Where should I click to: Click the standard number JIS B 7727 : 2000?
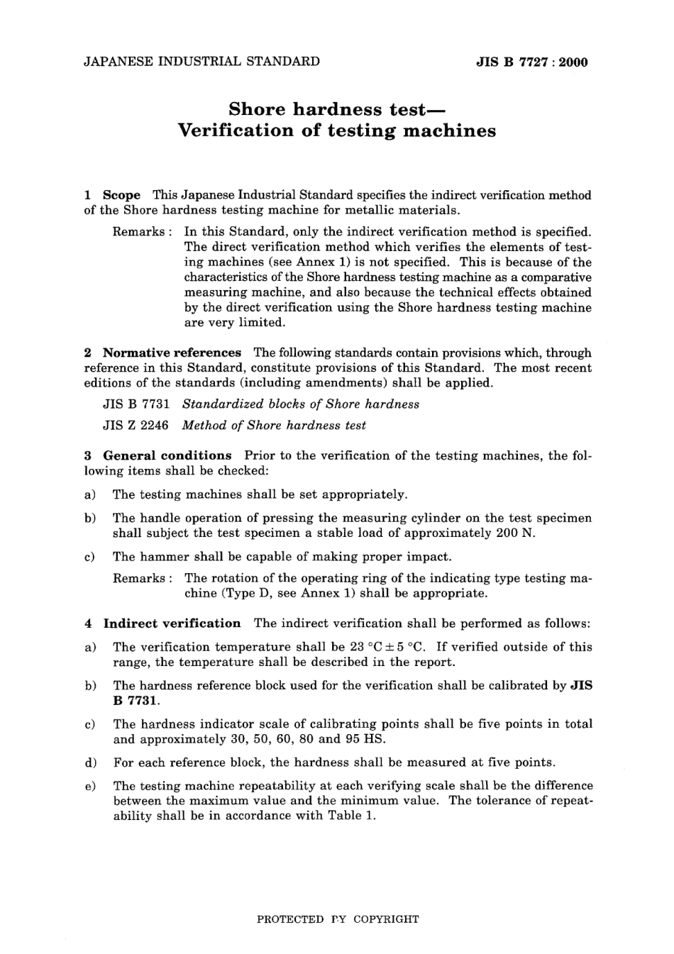531,62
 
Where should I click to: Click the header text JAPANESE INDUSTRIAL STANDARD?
201,62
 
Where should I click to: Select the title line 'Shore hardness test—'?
337,109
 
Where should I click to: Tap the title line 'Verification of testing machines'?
337,131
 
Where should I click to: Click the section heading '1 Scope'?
113,195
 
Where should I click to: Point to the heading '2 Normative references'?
163,353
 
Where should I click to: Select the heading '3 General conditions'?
158,455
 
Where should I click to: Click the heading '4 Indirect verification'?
163,623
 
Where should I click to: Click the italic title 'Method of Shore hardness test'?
274,426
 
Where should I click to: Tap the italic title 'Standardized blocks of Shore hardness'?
301,404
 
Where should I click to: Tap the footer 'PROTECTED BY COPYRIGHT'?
337,919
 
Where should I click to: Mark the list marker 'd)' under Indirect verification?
91,762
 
